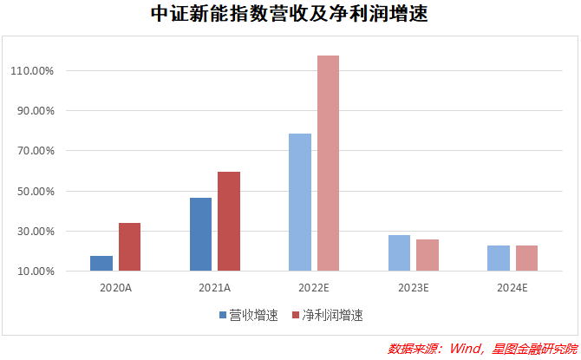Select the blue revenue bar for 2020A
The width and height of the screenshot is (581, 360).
point(101,263)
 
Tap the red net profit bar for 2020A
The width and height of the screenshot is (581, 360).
point(129,246)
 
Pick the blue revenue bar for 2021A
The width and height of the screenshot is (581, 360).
point(200,234)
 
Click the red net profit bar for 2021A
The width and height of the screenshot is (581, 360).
point(229,221)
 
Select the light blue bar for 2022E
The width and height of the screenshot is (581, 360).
point(300,202)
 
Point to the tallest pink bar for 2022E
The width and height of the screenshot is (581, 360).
point(328,163)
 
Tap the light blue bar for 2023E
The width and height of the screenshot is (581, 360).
point(400,252)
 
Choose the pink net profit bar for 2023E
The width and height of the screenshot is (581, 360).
point(428,255)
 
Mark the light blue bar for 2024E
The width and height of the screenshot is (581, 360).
point(499,258)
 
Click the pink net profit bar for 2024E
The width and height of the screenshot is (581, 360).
point(526,258)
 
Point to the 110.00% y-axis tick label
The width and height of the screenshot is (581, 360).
point(32,71)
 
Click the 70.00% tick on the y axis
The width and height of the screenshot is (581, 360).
point(35,151)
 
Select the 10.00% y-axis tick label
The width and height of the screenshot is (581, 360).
point(35,272)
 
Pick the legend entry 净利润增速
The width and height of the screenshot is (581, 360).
point(332,316)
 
